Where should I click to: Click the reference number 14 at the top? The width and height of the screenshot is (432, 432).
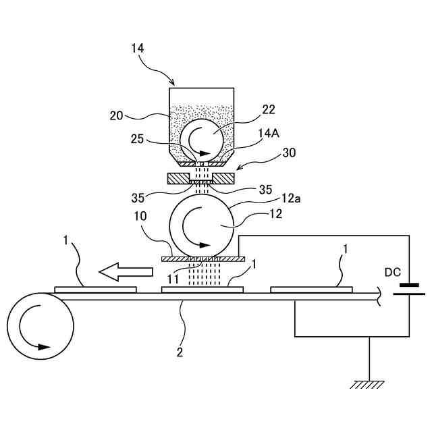point(137,48)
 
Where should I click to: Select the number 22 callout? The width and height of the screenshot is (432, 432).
point(269,110)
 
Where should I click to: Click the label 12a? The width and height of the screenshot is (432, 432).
point(291,198)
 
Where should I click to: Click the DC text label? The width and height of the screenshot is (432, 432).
point(393,272)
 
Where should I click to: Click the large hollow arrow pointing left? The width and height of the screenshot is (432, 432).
point(126,271)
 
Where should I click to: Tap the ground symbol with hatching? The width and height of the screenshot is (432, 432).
point(369,384)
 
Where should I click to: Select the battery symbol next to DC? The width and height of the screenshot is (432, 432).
point(409,289)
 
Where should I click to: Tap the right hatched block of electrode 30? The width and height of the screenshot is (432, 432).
point(223,179)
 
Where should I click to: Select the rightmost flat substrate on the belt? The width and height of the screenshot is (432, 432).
point(311,290)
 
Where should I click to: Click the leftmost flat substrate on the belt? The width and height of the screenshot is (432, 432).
point(95,290)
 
